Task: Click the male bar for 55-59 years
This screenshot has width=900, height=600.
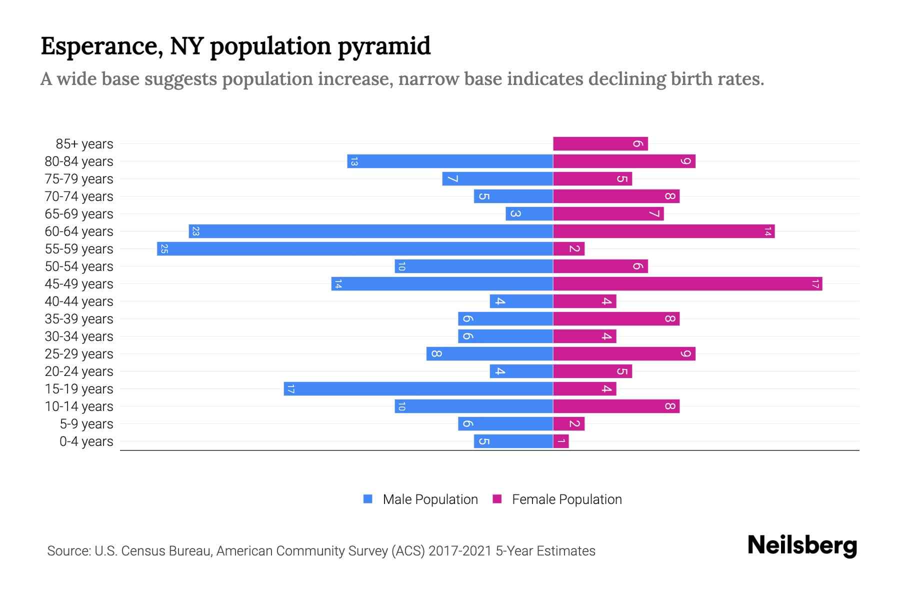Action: pos(355,249)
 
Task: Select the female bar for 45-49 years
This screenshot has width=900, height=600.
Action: pos(687,284)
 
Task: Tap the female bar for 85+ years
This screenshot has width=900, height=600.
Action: pos(600,144)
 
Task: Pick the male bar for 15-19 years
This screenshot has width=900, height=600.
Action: pos(418,389)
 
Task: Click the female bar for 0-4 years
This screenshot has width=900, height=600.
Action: pos(561,441)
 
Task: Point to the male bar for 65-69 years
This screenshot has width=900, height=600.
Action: pos(529,214)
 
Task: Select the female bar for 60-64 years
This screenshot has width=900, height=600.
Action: pos(663,231)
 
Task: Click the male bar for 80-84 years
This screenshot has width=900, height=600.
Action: pos(450,161)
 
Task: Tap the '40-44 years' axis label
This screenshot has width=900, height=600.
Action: pos(79,301)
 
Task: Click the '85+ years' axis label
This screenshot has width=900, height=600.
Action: pos(84,144)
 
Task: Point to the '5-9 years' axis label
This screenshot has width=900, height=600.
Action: pos(86,424)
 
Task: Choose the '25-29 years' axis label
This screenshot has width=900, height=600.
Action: pos(79,354)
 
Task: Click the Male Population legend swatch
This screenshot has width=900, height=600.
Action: pos(368,499)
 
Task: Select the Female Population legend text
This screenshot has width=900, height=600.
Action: pos(566,499)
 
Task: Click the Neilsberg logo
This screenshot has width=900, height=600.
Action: pos(802,545)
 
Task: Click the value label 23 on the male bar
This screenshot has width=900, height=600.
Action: pos(195,231)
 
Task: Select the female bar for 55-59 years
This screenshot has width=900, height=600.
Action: pos(568,249)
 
